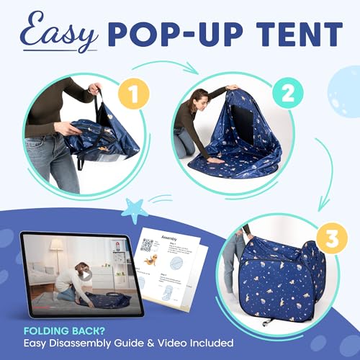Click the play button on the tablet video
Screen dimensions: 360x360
tap(87, 274)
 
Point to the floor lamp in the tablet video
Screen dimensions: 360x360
tap(55, 253)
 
